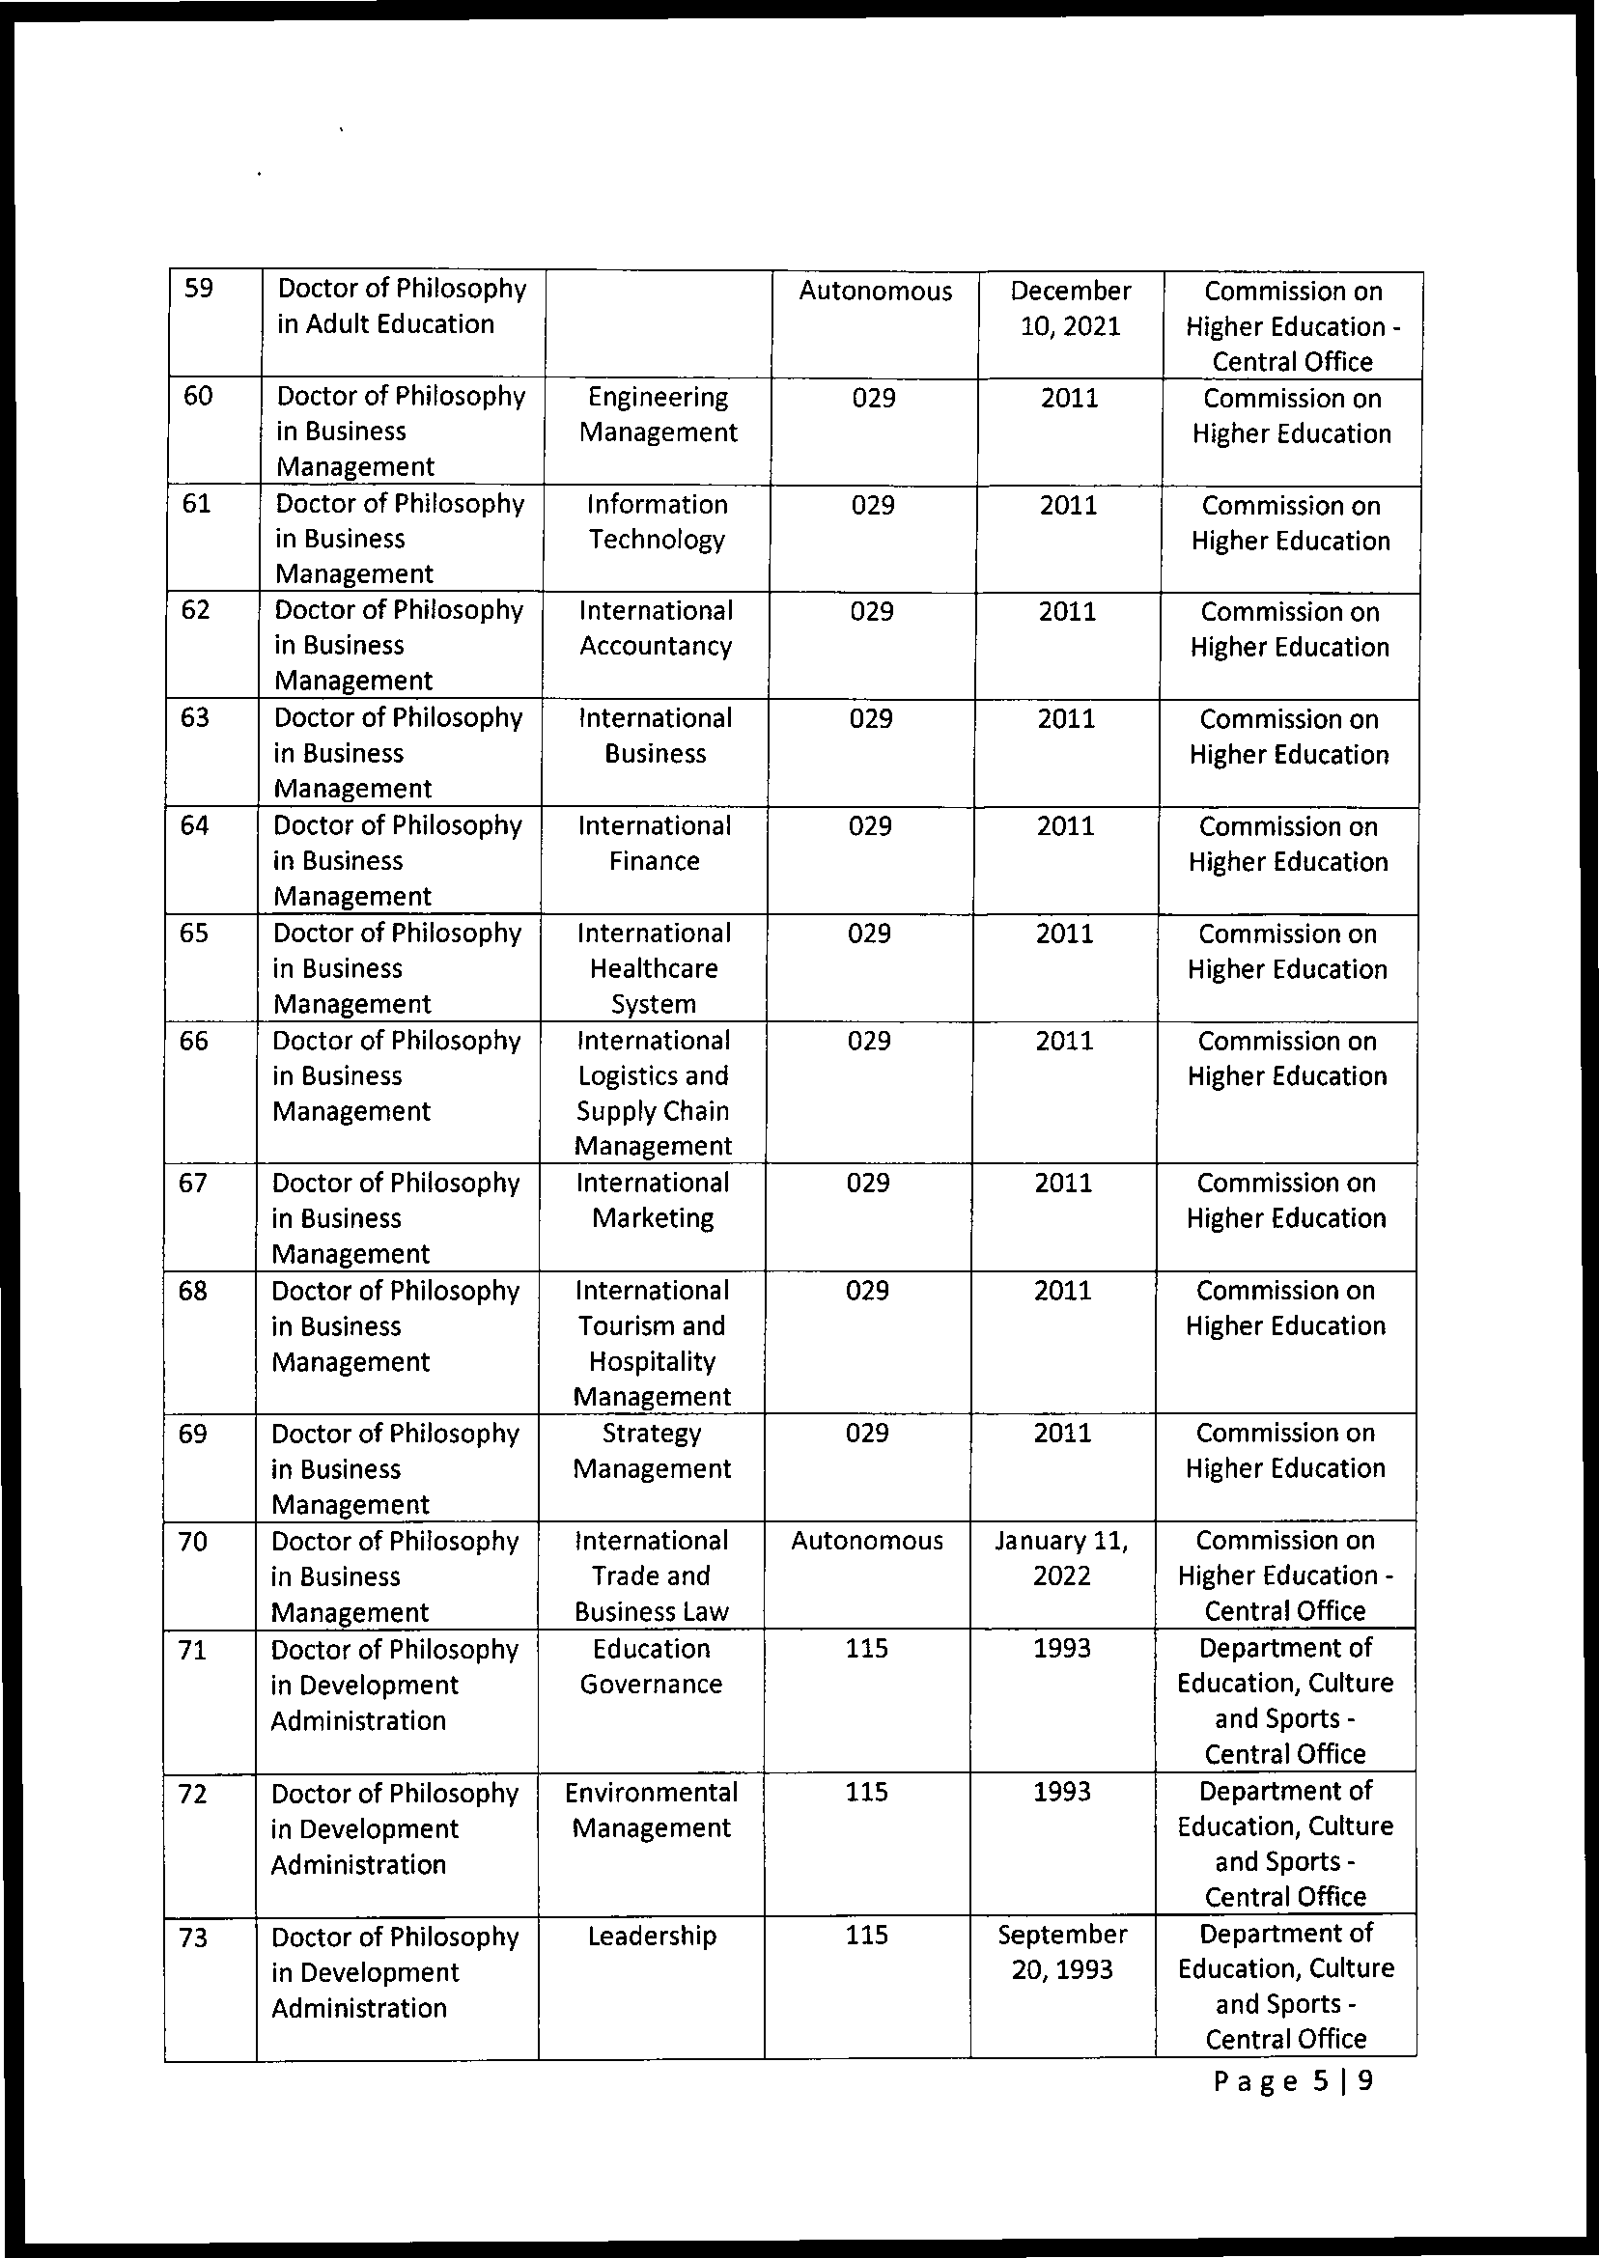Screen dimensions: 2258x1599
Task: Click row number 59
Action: click(199, 290)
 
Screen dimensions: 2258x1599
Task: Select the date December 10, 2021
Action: click(1069, 308)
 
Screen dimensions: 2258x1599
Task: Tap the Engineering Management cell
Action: click(658, 414)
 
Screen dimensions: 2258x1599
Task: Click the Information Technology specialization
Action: click(657, 521)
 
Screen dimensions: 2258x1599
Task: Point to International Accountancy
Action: click(656, 628)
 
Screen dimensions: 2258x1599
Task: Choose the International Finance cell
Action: click(654, 843)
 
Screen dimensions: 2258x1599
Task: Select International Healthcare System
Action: click(653, 968)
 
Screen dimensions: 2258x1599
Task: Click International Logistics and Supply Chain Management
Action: click(653, 1093)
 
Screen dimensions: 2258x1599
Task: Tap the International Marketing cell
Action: click(652, 1200)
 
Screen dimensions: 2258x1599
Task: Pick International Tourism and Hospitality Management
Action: click(652, 1343)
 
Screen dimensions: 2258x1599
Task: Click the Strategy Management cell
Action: click(652, 1450)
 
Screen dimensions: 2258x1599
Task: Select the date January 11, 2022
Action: click(1061, 1557)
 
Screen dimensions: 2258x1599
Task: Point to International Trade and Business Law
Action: click(652, 1575)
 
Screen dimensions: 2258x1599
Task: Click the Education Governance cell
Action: click(652, 1665)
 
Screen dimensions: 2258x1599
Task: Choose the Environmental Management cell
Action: click(652, 1809)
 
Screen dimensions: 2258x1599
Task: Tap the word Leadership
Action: click(652, 1936)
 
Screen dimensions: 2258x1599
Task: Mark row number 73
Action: click(194, 1937)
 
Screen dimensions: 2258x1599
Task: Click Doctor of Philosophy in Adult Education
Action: click(401, 306)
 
